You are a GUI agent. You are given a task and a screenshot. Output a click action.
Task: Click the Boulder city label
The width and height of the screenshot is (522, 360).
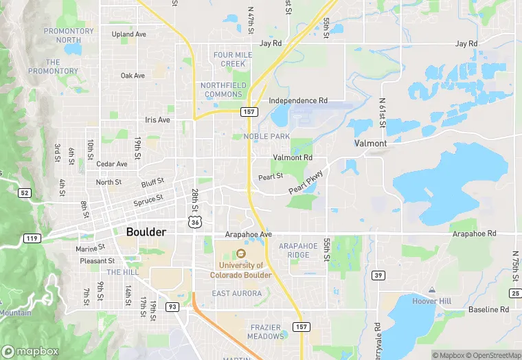click(x=146, y=232)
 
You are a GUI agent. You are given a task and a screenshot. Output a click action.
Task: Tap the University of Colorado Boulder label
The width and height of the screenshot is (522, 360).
click(x=241, y=270)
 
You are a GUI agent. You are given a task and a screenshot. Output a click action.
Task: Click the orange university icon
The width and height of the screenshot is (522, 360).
click(x=241, y=254)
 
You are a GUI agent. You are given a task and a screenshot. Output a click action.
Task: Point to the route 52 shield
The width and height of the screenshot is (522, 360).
click(x=25, y=193)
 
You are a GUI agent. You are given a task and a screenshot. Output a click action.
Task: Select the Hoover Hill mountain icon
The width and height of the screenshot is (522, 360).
click(x=431, y=291)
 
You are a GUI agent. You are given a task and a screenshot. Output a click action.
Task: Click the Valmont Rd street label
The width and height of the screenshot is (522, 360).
click(x=293, y=158)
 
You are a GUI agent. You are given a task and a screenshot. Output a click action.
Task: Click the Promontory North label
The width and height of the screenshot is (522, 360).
click(x=69, y=36)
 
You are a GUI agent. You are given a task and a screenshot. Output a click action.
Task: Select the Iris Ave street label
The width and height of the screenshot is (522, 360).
click(x=157, y=120)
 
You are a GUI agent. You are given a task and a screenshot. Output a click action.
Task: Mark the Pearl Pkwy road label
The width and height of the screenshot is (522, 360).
click(x=305, y=182)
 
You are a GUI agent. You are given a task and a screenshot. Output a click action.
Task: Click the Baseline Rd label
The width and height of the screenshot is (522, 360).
click(x=488, y=310)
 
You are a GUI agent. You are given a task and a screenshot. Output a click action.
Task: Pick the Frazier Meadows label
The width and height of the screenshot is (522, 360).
click(x=266, y=332)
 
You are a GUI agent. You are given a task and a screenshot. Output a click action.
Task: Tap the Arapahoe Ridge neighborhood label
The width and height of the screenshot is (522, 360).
click(x=298, y=250)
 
